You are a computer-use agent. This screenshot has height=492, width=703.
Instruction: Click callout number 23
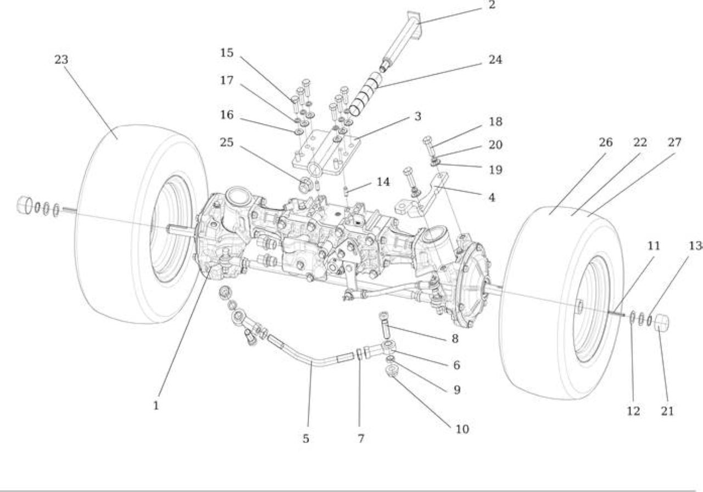[x=61, y=59]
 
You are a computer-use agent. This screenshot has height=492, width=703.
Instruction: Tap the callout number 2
[x=492, y=5]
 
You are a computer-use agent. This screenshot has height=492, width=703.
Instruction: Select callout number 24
[x=495, y=59]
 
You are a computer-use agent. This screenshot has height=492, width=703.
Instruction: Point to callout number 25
[x=227, y=142]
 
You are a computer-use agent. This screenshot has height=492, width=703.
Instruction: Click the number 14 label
[x=383, y=182]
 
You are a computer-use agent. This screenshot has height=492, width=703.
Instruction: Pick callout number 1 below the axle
[x=156, y=406]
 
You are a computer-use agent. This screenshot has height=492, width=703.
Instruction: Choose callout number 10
[x=462, y=429]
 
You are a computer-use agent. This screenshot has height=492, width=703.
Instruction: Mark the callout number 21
[x=667, y=411]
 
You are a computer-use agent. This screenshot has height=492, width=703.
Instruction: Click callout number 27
[x=674, y=142]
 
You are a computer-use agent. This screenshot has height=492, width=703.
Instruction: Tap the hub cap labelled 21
[x=661, y=323]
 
